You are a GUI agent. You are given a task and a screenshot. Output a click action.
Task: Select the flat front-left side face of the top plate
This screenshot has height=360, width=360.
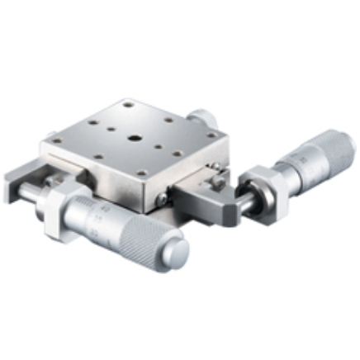click(91, 173)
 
